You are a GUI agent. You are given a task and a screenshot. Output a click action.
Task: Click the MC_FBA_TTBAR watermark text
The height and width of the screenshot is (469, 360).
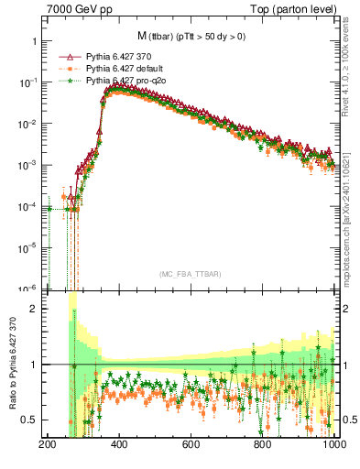click(191, 275)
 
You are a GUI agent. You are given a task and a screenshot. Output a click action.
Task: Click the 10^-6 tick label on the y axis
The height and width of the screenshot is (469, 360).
click(27, 289)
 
